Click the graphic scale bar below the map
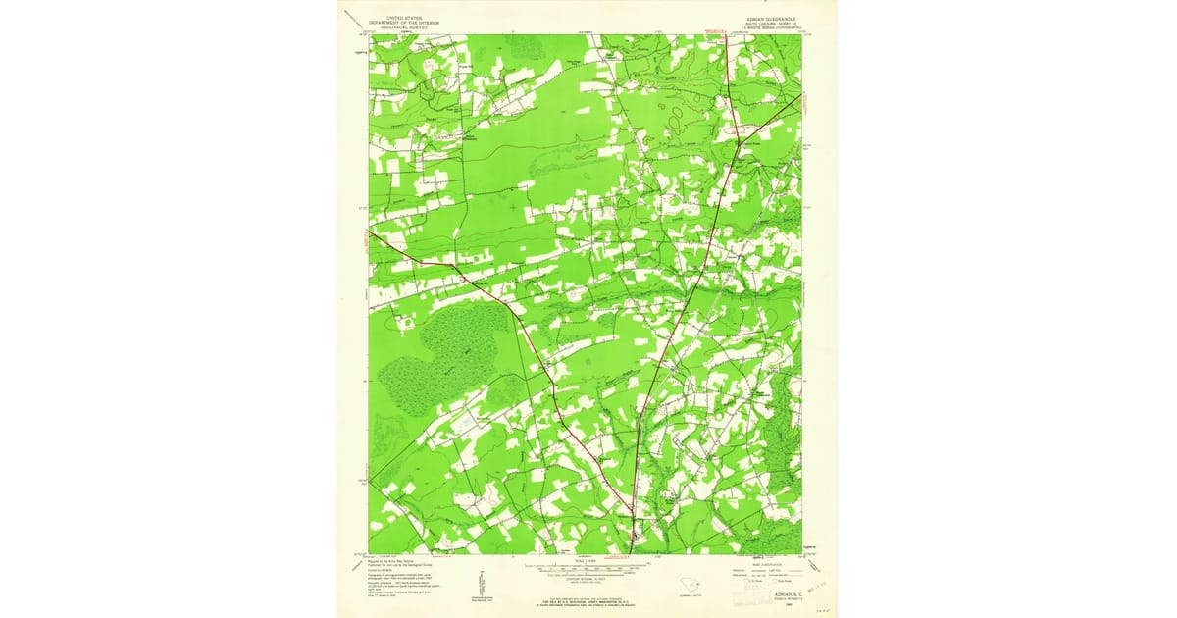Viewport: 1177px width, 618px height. click(586, 568)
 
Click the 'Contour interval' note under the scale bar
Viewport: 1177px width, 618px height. click(586, 582)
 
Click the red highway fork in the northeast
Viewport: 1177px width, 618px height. click(739, 143)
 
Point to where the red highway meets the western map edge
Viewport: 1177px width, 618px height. click(370, 232)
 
